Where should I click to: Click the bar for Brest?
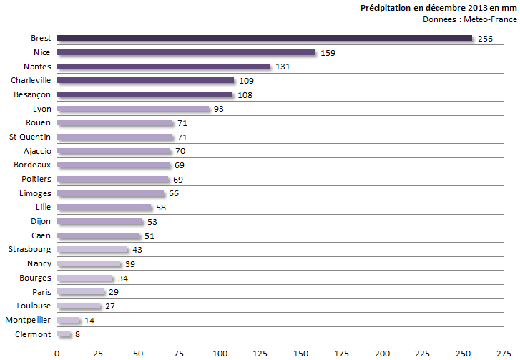tap(264, 38)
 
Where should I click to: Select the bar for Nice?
tap(185, 52)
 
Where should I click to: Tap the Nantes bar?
tap(163, 67)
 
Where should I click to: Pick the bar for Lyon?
tap(133, 109)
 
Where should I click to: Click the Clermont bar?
tap(64, 334)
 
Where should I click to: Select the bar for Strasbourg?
tap(92, 250)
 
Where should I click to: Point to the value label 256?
tap(486, 39)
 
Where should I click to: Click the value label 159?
tap(328, 53)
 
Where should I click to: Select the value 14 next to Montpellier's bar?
tap(90, 320)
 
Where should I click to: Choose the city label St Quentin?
tap(30, 137)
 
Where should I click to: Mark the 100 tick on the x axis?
tap(220, 352)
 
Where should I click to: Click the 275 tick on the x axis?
tap(504, 352)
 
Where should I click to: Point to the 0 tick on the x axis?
tap(57, 352)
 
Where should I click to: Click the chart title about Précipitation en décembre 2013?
tap(438, 7)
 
